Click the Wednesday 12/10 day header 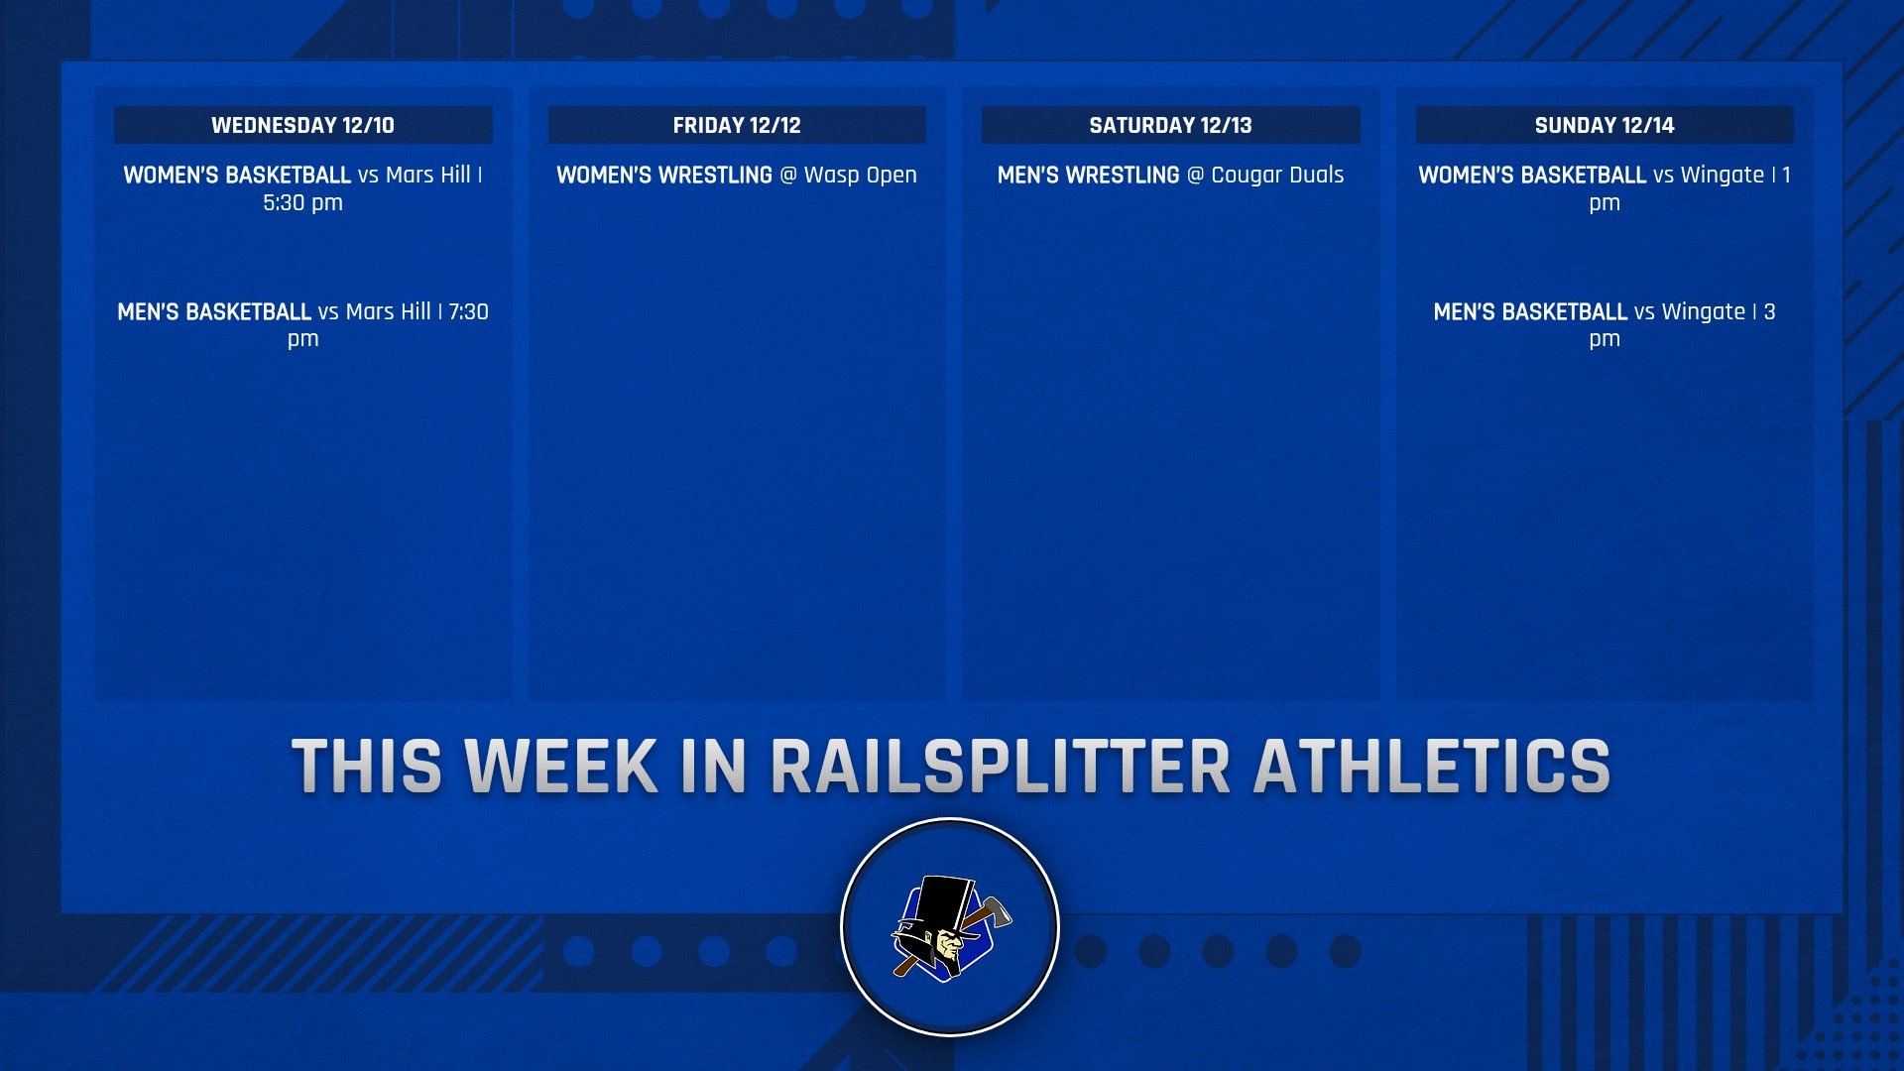coord(302,125)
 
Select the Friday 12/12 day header coord(736,125)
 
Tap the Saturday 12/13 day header coord(1170,125)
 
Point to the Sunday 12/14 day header coord(1604,125)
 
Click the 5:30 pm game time coord(302,202)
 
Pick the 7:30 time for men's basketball coord(468,311)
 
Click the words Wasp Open coord(860,175)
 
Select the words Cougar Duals coord(1277,175)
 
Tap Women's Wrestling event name coord(663,175)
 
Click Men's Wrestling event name coord(1088,175)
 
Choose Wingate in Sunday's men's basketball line coord(1703,311)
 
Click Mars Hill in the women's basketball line coord(427,175)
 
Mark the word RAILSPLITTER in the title coord(1000,767)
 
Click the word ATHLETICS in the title coord(1432,767)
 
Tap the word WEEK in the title coord(561,767)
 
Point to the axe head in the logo coord(995,910)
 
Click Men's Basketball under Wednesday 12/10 coord(214,311)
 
